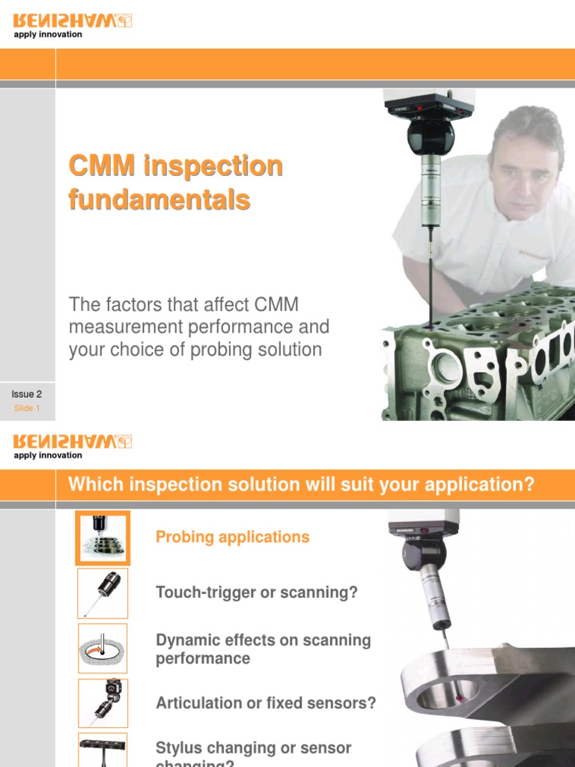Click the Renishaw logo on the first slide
(73, 21)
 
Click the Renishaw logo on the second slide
(73, 441)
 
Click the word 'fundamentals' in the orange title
(159, 200)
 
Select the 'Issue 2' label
(26, 394)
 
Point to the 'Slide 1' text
(27, 408)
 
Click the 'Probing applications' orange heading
(232, 537)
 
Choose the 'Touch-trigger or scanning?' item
(257, 592)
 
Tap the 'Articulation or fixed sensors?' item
(266, 703)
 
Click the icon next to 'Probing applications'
(103, 537)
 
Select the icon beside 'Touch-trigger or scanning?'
(103, 592)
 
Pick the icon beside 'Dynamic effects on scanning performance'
(103, 648)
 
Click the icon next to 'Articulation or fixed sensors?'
(103, 703)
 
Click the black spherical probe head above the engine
(431, 136)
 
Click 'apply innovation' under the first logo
(48, 34)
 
